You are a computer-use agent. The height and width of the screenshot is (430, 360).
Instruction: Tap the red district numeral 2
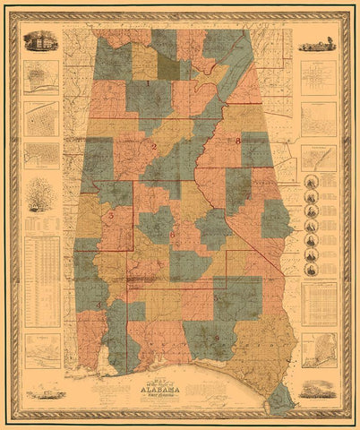153,146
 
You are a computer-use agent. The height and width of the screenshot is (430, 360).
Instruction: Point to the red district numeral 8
238,142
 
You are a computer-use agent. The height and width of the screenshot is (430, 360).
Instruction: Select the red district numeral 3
110,216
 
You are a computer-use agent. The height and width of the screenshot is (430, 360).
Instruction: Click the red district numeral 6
173,236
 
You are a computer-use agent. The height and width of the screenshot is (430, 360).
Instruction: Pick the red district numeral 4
99,305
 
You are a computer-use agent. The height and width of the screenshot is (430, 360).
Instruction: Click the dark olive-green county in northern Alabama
168,64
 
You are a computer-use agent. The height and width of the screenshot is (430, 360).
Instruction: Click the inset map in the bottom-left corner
41,350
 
